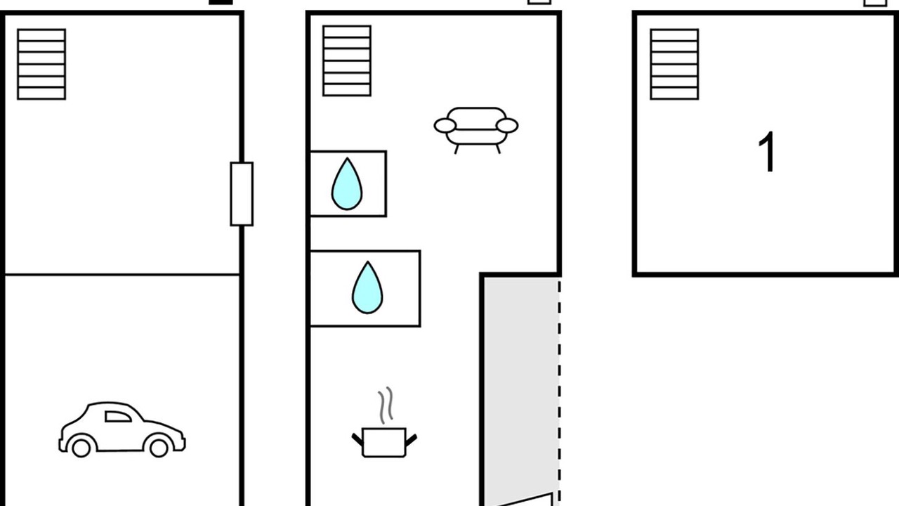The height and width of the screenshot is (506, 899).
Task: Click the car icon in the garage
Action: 122,429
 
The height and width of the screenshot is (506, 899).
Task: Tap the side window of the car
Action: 118,417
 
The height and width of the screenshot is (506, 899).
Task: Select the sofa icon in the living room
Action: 476,131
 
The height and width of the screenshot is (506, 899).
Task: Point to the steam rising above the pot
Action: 386,405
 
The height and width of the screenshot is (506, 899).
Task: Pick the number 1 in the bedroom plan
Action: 766,152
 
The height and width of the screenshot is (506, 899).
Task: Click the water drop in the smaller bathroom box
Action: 347,184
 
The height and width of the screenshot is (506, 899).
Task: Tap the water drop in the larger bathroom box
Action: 367,287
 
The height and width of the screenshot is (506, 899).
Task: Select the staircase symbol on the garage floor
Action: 41,64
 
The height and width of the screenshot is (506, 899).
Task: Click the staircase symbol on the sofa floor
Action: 347,61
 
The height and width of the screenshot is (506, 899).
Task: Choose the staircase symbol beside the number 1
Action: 674,64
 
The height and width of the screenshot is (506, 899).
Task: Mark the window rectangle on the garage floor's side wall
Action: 242,194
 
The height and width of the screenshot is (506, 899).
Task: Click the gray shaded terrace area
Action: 520,386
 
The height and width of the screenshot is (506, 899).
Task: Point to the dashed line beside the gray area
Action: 560,392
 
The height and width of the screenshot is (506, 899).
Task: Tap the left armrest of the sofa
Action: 445,126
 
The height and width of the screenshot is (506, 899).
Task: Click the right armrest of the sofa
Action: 507,126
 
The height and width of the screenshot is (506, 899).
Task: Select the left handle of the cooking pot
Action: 357,439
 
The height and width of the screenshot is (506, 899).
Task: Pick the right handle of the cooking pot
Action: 412,439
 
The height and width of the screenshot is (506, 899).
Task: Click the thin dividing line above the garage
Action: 122,275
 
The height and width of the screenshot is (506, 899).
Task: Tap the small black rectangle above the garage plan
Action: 221,2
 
